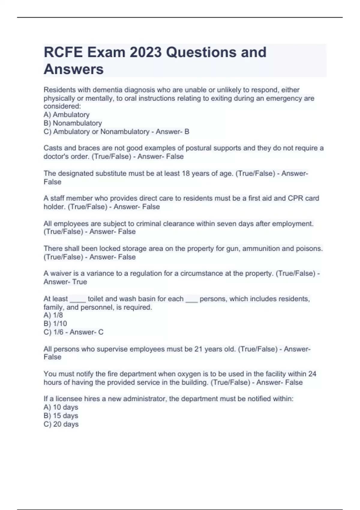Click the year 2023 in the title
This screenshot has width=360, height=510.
145,52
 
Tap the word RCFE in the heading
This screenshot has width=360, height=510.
63,52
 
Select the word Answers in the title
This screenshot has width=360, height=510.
73,69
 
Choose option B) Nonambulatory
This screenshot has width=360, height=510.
73,123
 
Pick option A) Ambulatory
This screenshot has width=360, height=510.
66,115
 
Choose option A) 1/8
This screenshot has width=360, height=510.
53,315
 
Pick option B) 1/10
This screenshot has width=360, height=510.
55,323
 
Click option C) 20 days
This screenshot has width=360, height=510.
61,424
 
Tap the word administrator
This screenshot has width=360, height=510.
145,399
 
